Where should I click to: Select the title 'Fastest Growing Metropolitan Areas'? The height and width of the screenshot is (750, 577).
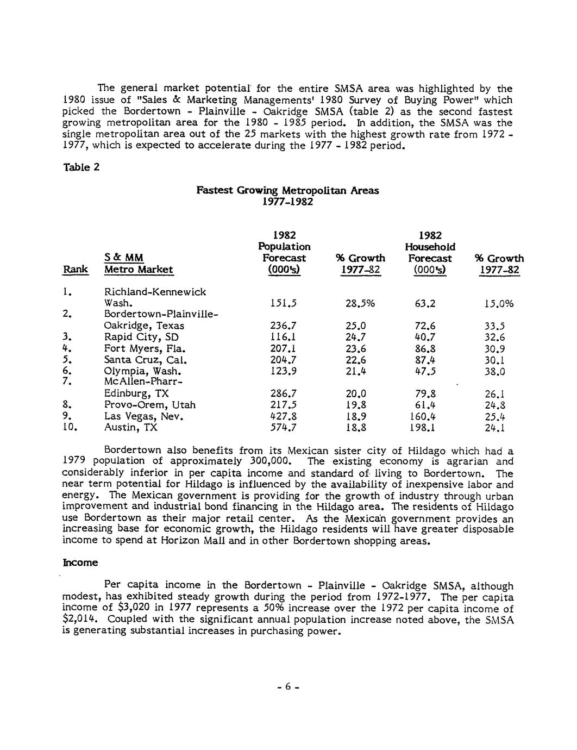(x=287, y=190)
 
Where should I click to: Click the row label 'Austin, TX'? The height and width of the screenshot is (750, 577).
(x=130, y=428)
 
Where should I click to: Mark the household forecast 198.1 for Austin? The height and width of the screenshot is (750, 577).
(x=428, y=428)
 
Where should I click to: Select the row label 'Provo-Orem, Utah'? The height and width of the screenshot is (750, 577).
(x=150, y=405)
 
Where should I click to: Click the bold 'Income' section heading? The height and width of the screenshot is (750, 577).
(x=80, y=562)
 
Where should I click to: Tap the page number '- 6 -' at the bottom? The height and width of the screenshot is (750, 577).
(x=287, y=687)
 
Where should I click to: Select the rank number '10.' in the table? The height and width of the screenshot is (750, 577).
(x=71, y=428)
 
